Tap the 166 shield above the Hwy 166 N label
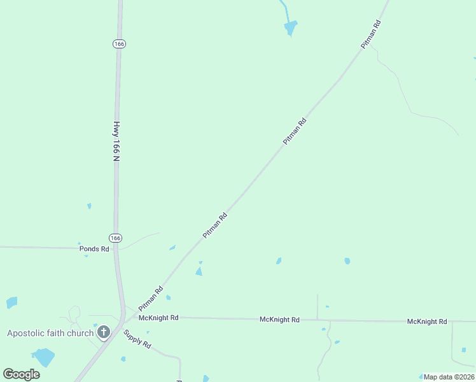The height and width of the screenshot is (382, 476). (119, 43)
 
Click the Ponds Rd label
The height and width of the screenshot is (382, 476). (94, 249)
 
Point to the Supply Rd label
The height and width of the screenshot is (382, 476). (137, 339)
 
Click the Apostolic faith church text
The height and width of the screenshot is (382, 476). (50, 333)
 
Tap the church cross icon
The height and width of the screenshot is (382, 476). (103, 332)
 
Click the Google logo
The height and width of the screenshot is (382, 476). (21, 374)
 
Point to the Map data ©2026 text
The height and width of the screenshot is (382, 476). (449, 377)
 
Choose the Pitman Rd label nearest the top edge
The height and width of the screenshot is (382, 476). (370, 35)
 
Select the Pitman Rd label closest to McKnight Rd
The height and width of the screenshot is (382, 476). (151, 298)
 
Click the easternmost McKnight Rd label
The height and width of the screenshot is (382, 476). (427, 322)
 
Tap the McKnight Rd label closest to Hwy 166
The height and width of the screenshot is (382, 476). (158, 317)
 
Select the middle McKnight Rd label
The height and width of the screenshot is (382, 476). (279, 319)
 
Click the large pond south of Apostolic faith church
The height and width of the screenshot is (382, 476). (44, 357)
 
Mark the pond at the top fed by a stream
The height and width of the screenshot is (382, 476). (291, 27)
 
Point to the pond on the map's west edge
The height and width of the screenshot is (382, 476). (11, 302)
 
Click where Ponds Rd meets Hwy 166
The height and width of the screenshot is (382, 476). (116, 248)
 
